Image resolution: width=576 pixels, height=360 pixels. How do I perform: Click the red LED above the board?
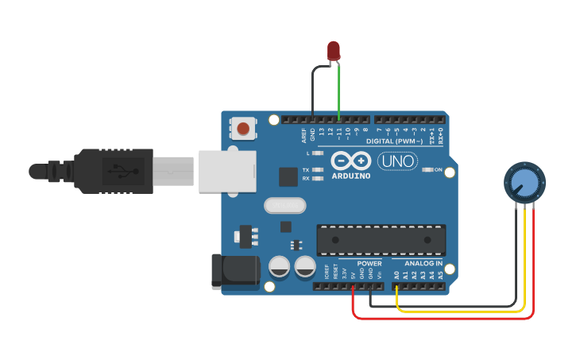tap(334, 51)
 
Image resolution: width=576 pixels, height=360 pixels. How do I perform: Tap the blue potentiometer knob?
tap(524, 183)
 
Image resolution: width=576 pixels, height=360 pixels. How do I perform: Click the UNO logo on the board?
tap(397, 161)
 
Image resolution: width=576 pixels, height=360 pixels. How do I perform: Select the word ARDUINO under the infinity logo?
tap(350, 175)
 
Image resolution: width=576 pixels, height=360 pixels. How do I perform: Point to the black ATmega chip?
tap(381, 240)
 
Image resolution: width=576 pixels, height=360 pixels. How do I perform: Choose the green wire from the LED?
tap(339, 91)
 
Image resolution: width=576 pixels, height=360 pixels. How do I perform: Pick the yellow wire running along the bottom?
tap(461, 311)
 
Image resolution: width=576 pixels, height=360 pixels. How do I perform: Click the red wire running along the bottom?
tap(445, 319)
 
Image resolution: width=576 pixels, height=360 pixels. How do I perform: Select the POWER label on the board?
tap(369, 263)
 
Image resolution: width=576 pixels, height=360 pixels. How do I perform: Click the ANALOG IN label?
tap(423, 263)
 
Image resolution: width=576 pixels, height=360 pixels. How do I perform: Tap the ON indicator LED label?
tap(438, 169)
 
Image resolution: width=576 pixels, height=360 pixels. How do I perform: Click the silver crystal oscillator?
tap(284, 206)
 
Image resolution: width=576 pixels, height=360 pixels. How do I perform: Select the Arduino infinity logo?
tap(350, 159)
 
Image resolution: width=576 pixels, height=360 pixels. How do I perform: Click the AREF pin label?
tap(303, 134)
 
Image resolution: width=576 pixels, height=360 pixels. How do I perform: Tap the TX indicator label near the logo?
tap(306, 169)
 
